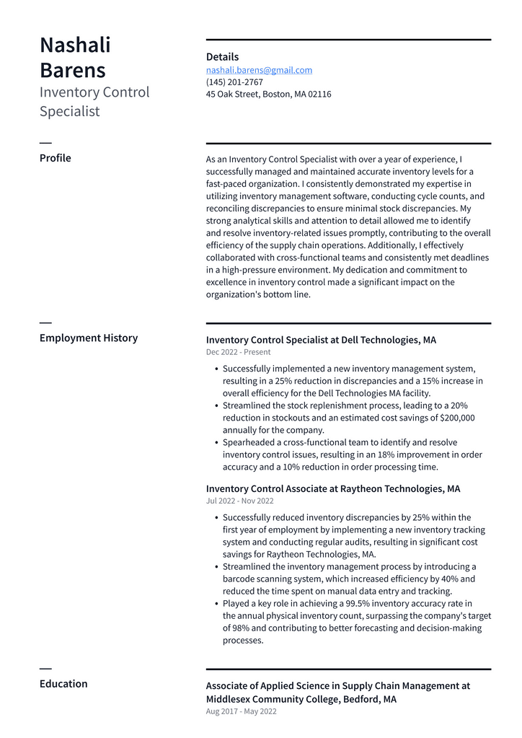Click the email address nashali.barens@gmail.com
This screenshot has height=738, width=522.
259,70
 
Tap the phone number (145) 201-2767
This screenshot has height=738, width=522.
234,82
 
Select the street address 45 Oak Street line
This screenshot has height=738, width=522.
268,95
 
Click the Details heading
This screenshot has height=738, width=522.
222,57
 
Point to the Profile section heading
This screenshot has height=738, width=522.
55,158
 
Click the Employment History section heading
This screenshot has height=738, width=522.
88,338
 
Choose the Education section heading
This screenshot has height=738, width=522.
63,684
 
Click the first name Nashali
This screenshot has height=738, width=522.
75,45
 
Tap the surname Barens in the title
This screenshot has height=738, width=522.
72,71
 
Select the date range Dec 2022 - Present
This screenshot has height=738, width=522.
238,352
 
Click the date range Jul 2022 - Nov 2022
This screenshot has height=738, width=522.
239,501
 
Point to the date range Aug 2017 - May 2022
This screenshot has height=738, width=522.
241,711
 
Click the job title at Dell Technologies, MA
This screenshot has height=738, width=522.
321,340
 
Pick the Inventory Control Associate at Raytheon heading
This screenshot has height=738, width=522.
332,488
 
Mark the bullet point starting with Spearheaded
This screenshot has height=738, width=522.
217,443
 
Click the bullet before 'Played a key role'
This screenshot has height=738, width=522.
217,604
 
